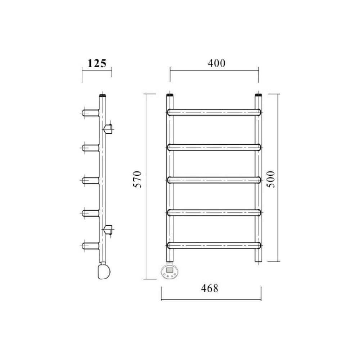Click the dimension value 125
coord(97,63)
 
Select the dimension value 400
coord(216,63)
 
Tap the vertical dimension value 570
coord(138,179)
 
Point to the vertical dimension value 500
coord(271,179)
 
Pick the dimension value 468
coord(210,288)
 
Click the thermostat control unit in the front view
coord(170,272)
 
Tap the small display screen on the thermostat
coord(170,270)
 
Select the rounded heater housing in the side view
coord(104,271)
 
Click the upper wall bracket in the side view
coord(108,129)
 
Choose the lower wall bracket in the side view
coord(108,230)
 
